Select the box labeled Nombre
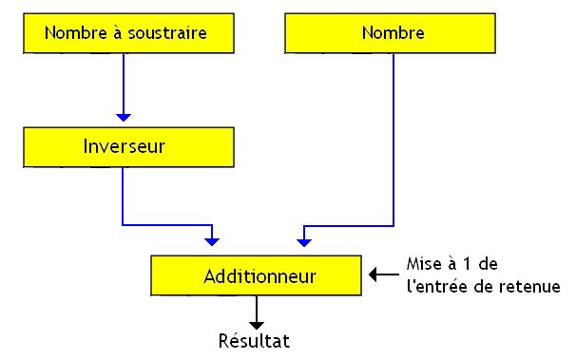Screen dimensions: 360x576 (x=392, y=34)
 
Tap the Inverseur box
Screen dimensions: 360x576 (x=124, y=147)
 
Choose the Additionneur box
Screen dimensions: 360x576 (x=258, y=275)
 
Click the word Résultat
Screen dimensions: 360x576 (x=254, y=340)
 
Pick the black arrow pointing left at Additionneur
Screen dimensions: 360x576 (x=377, y=275)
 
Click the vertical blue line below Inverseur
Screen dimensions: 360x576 (x=124, y=195)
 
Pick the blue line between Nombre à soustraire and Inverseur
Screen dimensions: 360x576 (x=124, y=85)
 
